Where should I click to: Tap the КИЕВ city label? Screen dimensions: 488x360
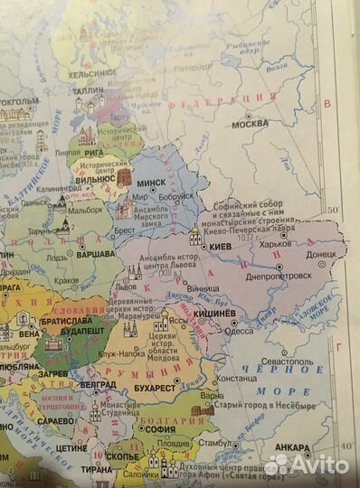(222, 245)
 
